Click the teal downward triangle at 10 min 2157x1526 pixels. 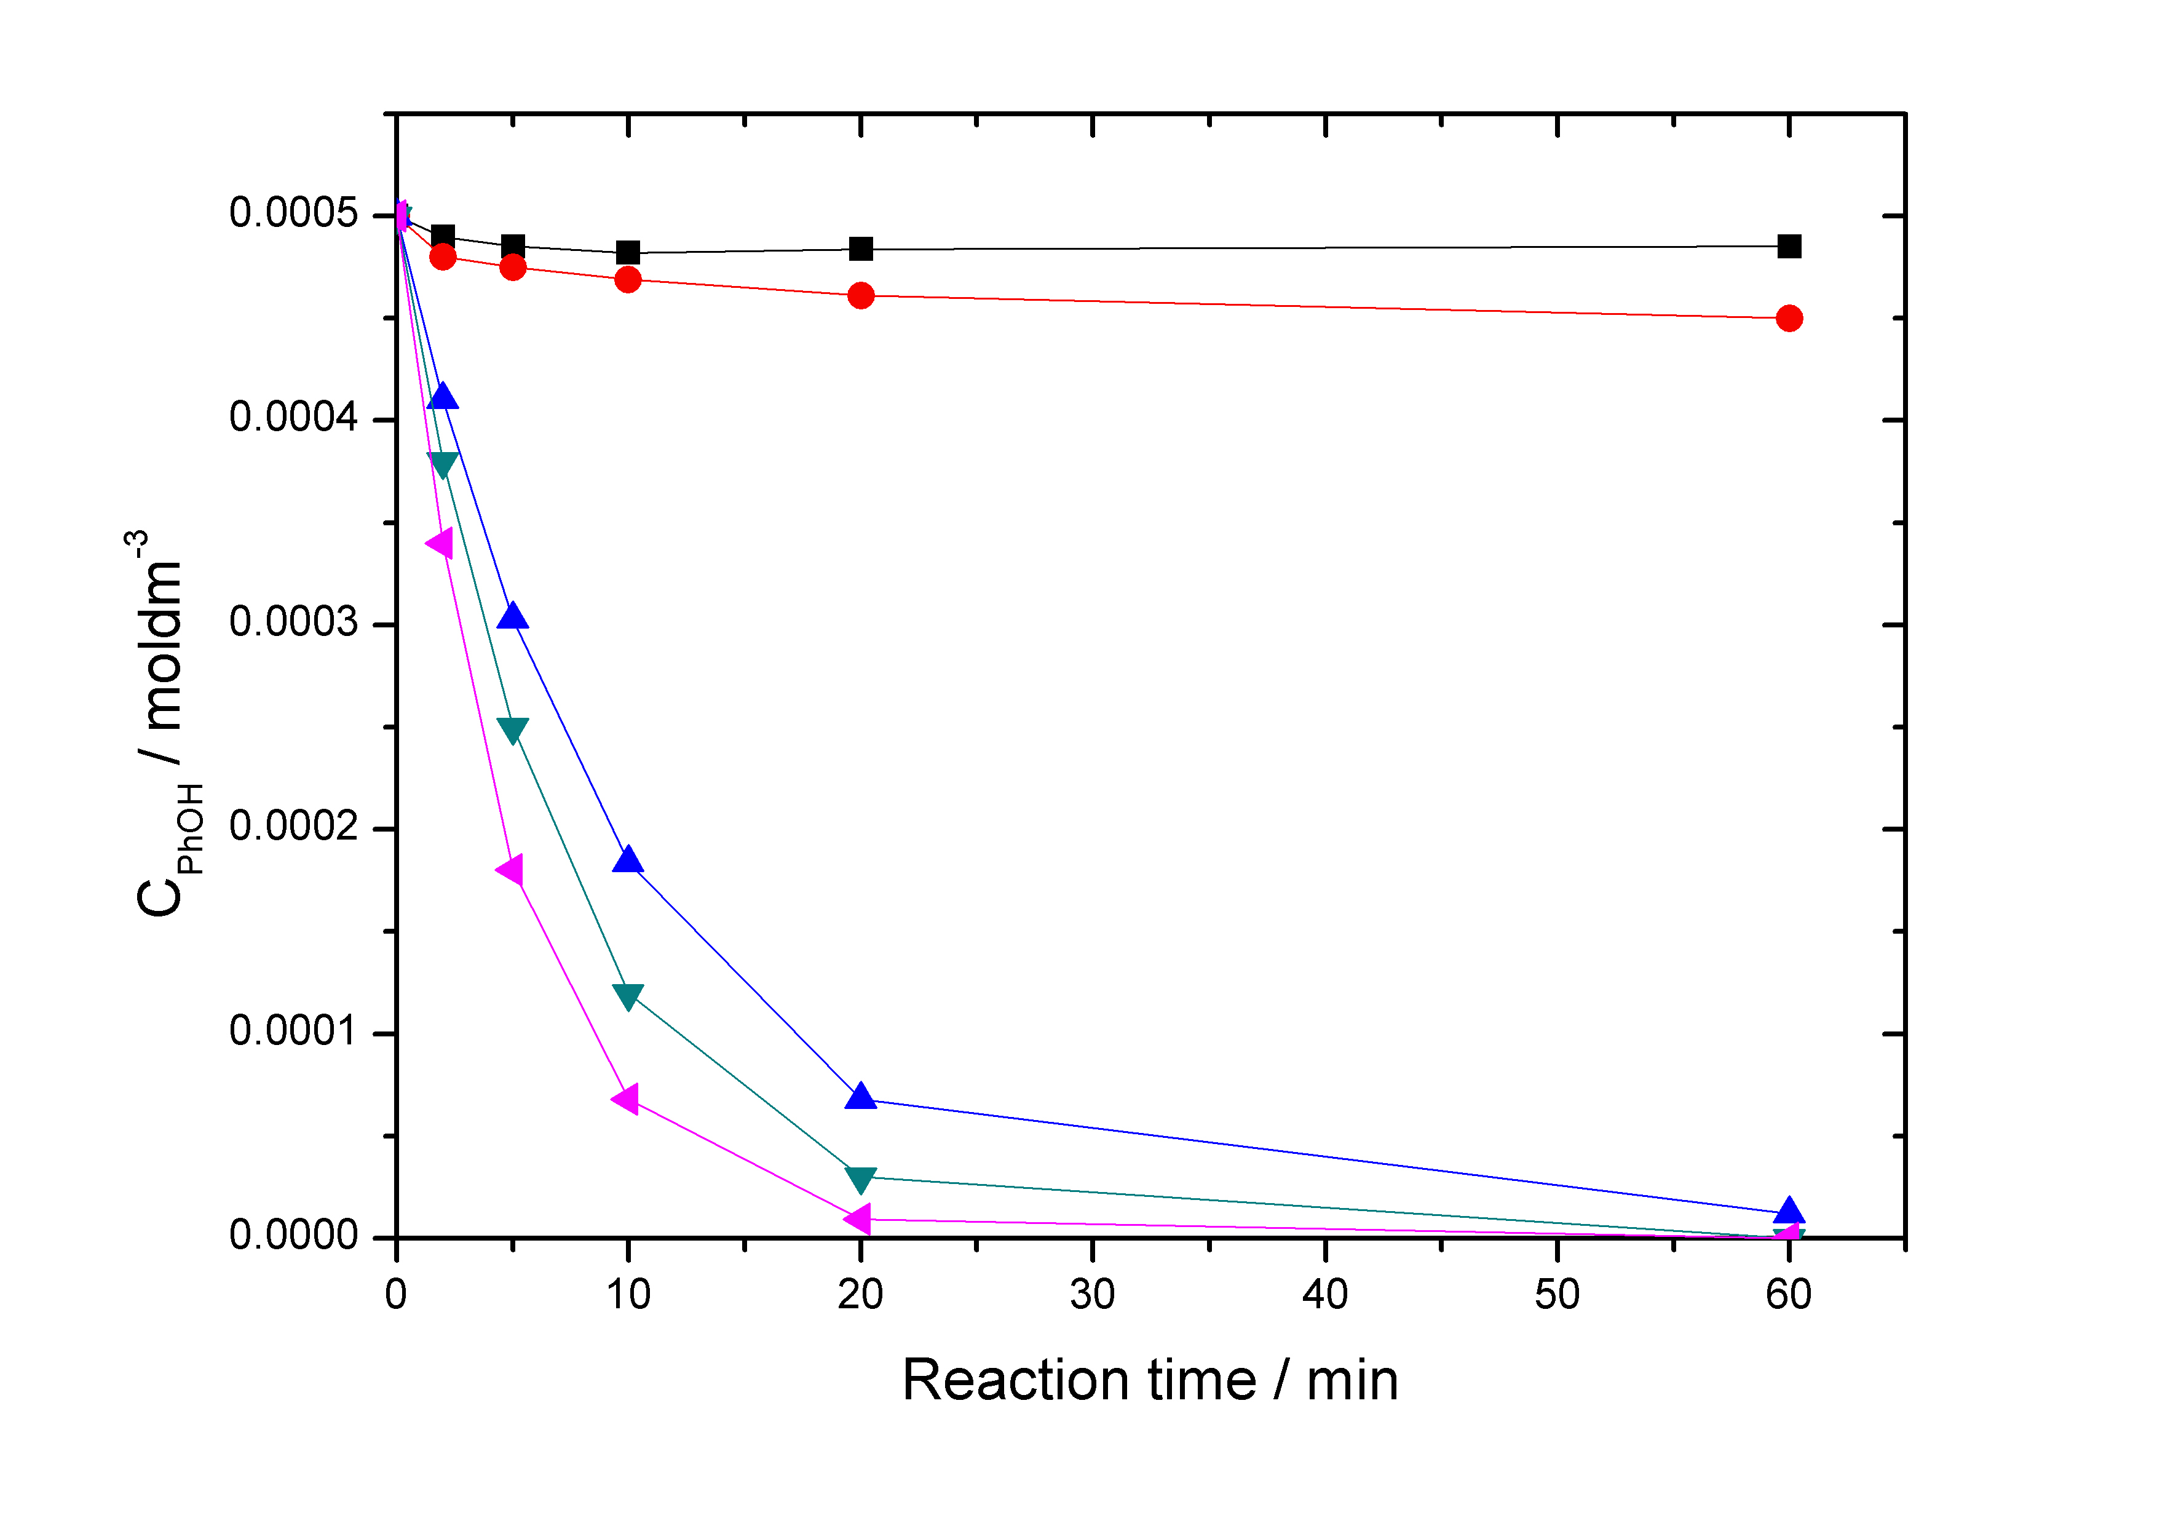(x=628, y=996)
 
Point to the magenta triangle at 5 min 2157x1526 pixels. (x=511, y=870)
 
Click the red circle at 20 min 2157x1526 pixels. (x=861, y=296)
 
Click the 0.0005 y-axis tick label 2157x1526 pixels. (x=293, y=213)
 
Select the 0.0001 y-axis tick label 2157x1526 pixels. (x=293, y=1031)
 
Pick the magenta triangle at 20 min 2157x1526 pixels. (x=858, y=1220)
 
